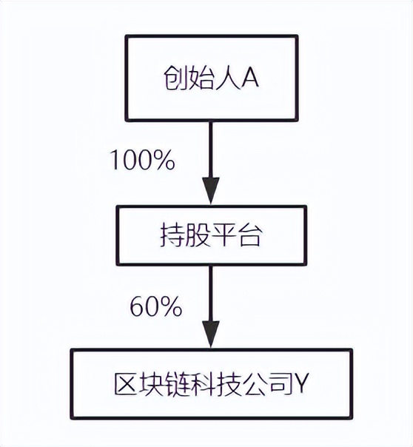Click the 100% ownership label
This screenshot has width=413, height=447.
(x=142, y=160)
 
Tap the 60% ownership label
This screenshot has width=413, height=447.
(x=156, y=306)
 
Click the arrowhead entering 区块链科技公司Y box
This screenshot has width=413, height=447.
(x=211, y=335)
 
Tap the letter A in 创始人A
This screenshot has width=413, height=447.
(x=249, y=77)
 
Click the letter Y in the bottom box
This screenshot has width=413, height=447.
(x=300, y=383)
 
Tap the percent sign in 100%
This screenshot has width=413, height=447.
(x=165, y=160)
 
